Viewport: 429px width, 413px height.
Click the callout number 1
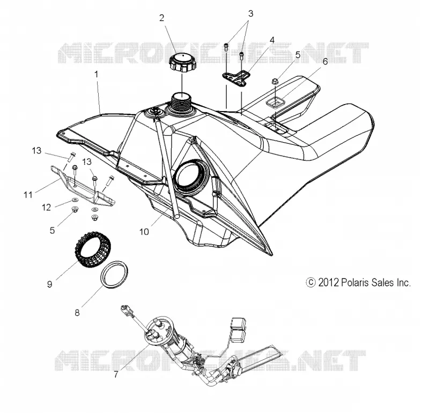[x=97, y=74]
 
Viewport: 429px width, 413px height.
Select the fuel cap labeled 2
[x=183, y=63]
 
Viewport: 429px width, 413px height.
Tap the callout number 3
[x=250, y=13]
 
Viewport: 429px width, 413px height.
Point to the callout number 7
[x=116, y=374]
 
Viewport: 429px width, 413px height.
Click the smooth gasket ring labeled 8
[x=114, y=275]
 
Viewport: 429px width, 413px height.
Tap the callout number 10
[x=144, y=232]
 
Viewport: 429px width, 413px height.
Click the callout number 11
[x=28, y=195]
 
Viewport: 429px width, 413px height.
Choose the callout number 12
[x=46, y=207]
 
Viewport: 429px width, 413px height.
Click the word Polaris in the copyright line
[x=354, y=283]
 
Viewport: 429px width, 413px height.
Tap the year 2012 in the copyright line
[x=328, y=283]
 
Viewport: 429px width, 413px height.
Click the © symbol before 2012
[x=311, y=283]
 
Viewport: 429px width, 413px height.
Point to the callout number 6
[x=325, y=61]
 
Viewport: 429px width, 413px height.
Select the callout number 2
[x=162, y=18]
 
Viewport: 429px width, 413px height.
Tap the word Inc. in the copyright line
[x=404, y=283]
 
